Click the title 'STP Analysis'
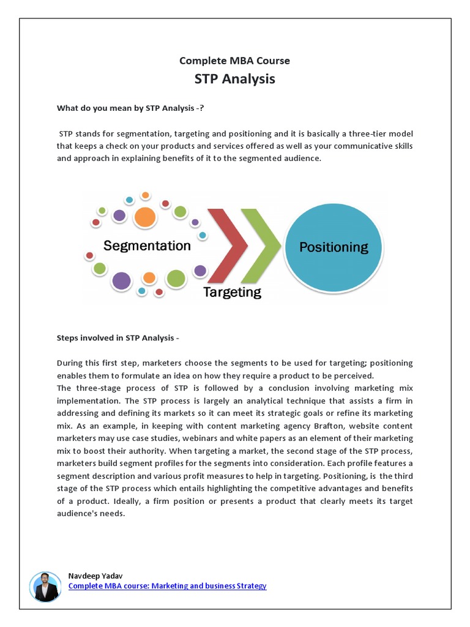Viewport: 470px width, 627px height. pyautogui.click(x=234, y=79)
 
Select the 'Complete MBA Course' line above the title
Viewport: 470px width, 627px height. pyautogui.click(x=234, y=61)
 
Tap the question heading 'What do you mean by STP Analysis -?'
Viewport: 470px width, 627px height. pyautogui.click(x=130, y=108)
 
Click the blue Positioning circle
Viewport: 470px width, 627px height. pyautogui.click(x=334, y=247)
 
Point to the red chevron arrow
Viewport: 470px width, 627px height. pyautogui.click(x=228, y=246)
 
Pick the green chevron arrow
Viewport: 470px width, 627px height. pyautogui.click(x=259, y=246)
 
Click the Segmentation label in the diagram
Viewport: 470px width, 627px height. pyautogui.click(x=147, y=246)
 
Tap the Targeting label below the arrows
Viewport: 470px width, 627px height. pyautogui.click(x=232, y=292)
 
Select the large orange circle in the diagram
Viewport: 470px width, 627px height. pyautogui.click(x=144, y=217)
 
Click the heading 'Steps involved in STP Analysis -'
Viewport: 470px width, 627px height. pyautogui.click(x=118, y=337)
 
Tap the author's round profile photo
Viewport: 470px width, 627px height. pyautogui.click(x=45, y=587)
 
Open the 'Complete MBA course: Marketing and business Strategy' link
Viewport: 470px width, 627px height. pyautogui.click(x=167, y=586)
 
